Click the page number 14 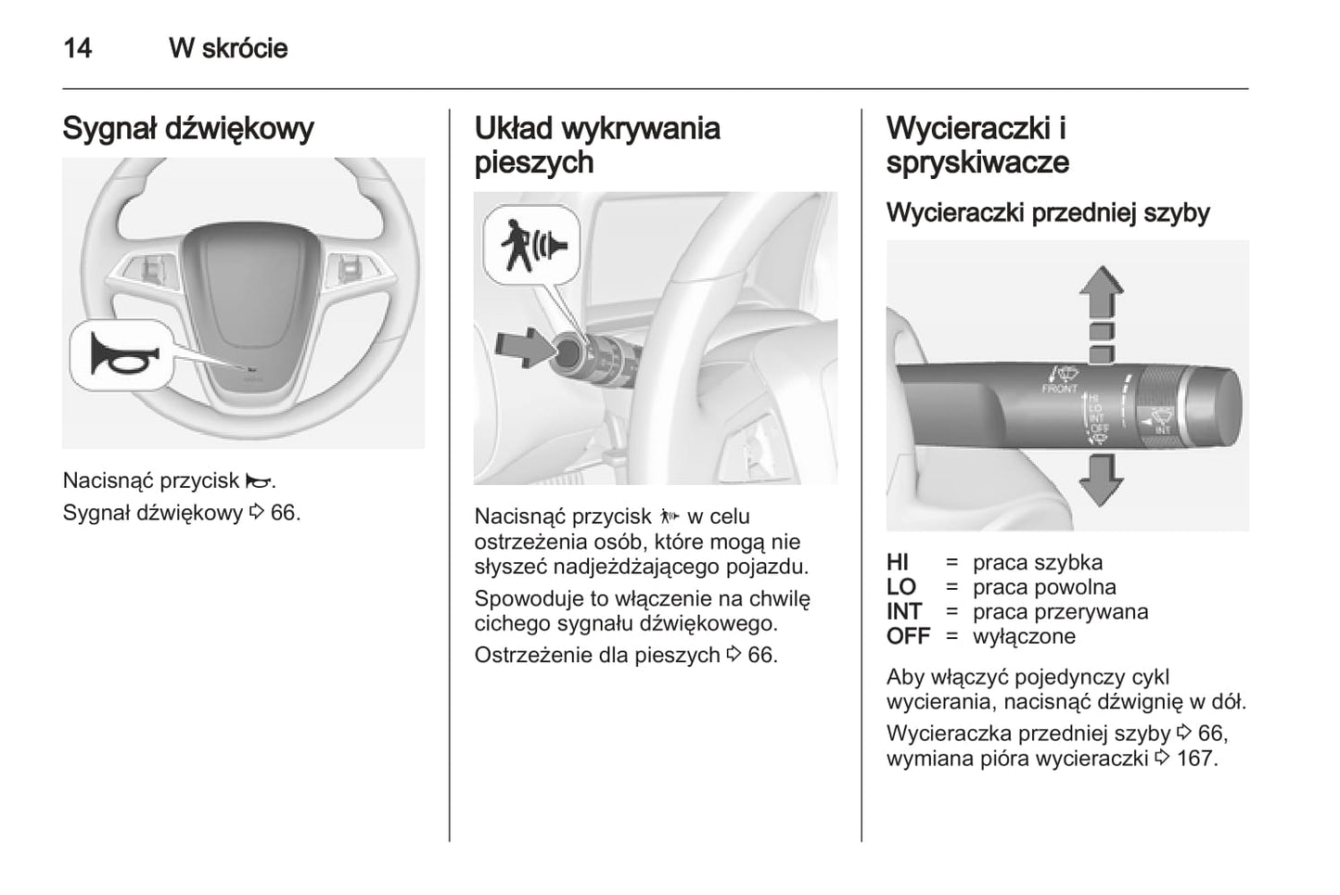tap(78, 48)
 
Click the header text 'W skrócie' tap(228, 48)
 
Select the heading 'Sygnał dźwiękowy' tap(188, 128)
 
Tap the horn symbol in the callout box tap(123, 355)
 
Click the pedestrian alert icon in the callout tap(531, 244)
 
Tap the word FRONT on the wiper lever tap(1059, 390)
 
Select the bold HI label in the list tap(898, 562)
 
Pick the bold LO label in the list tap(900, 587)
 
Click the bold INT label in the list tap(904, 612)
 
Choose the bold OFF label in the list tap(908, 637)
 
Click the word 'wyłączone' tap(1024, 637)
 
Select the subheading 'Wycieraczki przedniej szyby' tap(1048, 212)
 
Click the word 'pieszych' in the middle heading tap(533, 162)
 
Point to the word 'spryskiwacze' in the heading tap(977, 162)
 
